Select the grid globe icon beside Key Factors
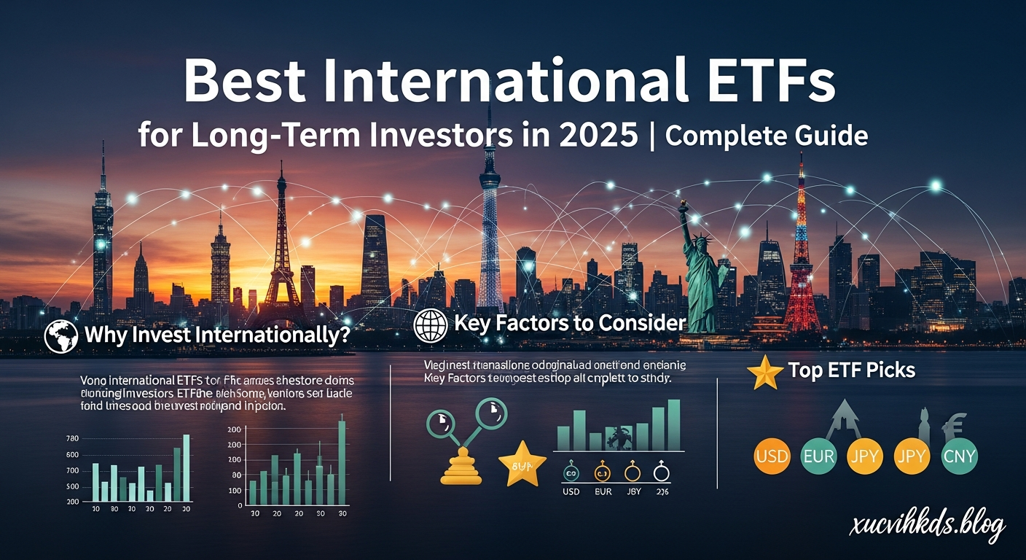pos(430,326)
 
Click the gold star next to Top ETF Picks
pos(765,372)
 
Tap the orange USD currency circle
pos(772,457)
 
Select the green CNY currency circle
pos(959,457)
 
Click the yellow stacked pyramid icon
pos(461,467)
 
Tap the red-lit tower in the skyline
pos(802,248)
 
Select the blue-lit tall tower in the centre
pos(490,219)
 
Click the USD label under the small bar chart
pos(571,492)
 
